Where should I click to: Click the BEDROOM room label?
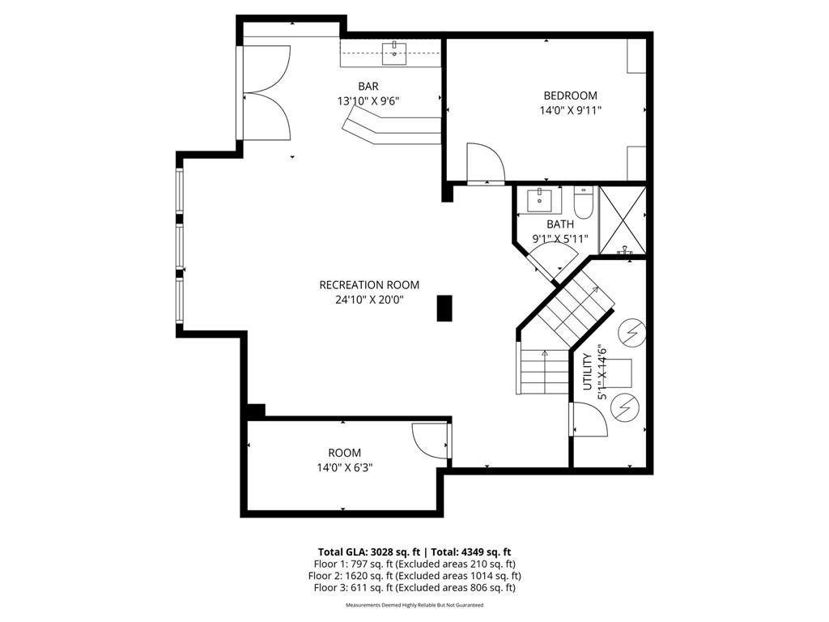tap(570, 95)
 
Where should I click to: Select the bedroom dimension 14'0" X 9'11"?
tap(570, 110)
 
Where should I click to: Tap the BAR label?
tap(368, 86)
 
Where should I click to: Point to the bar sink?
tap(395, 53)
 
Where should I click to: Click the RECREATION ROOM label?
tap(369, 284)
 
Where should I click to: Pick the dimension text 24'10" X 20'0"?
tap(369, 300)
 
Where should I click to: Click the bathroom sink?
tap(539, 199)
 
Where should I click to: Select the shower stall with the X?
tap(623, 219)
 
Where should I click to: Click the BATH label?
tap(559, 224)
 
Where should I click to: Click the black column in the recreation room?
tap(444, 308)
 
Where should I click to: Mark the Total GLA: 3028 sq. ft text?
tap(367, 552)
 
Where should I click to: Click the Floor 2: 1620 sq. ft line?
tap(414, 576)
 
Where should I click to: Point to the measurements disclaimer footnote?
tap(414, 605)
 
